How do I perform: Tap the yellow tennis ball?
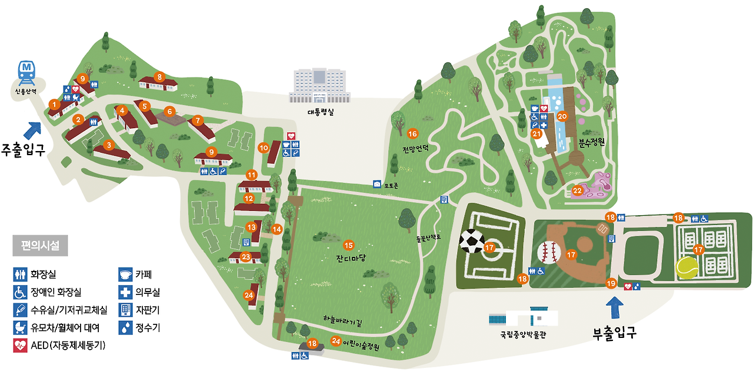pyautogui.click(x=687, y=268)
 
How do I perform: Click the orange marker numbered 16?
pyautogui.click(x=412, y=133)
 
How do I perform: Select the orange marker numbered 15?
pyautogui.click(x=348, y=244)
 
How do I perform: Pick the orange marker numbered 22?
pyautogui.click(x=577, y=190)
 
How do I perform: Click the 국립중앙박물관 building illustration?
pyautogui.click(x=523, y=318)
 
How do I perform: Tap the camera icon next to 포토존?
pyautogui.click(x=377, y=184)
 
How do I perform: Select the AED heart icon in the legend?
pyautogui.click(x=20, y=346)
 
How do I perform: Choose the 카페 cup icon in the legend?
pyautogui.click(x=125, y=274)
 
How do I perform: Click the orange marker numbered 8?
pyautogui.click(x=159, y=76)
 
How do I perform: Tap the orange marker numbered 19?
pyautogui.click(x=611, y=283)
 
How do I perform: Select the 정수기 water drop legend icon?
pyautogui.click(x=125, y=327)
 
